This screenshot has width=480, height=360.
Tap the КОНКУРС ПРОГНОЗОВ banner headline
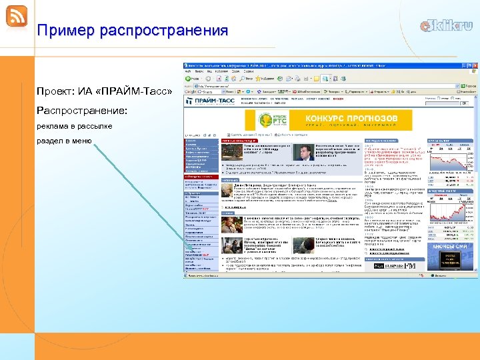pyautogui.click(x=351, y=118)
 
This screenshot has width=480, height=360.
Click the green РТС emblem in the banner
pyautogui.click(x=279, y=121)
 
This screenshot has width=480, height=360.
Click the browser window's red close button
pyautogui.click(x=475, y=66)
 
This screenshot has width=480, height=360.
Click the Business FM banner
pyautogui.click(x=399, y=265)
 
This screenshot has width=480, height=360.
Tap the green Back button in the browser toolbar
pyautogui.click(x=189, y=79)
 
